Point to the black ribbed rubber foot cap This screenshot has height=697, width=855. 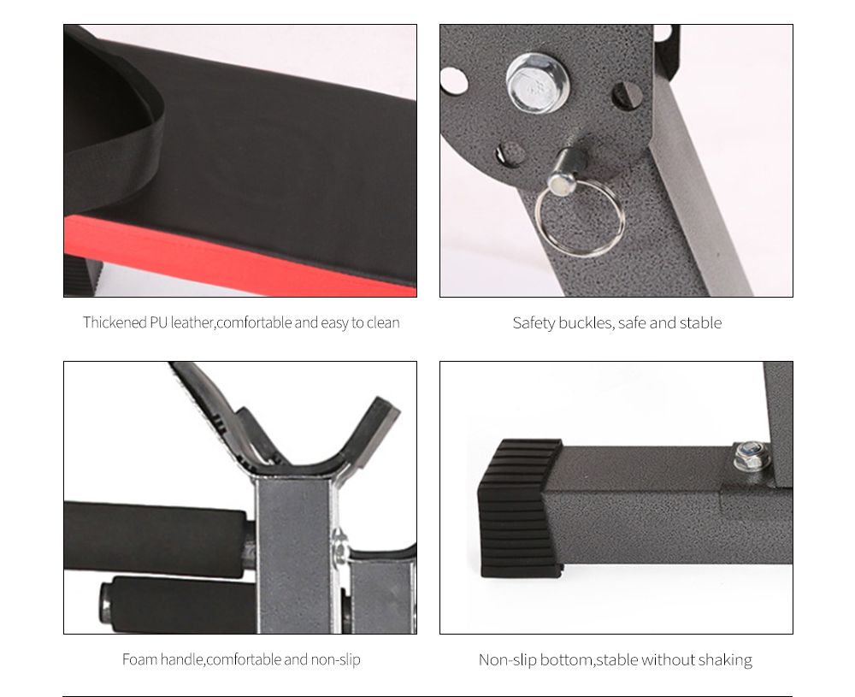point(518,506)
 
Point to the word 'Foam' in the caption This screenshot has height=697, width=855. point(140,659)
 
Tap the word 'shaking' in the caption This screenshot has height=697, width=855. point(725,659)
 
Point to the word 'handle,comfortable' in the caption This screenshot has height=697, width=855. point(220,659)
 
